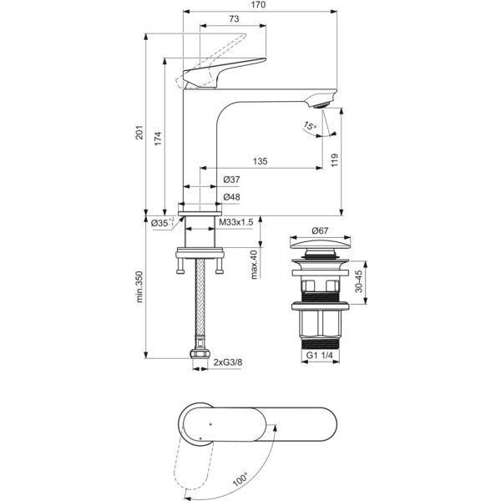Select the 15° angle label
[x=310, y=126]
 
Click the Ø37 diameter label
[x=232, y=180]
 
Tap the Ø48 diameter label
[x=232, y=198]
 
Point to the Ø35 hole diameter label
[x=162, y=222]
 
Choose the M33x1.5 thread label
[x=236, y=222]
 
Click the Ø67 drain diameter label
[x=322, y=230]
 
